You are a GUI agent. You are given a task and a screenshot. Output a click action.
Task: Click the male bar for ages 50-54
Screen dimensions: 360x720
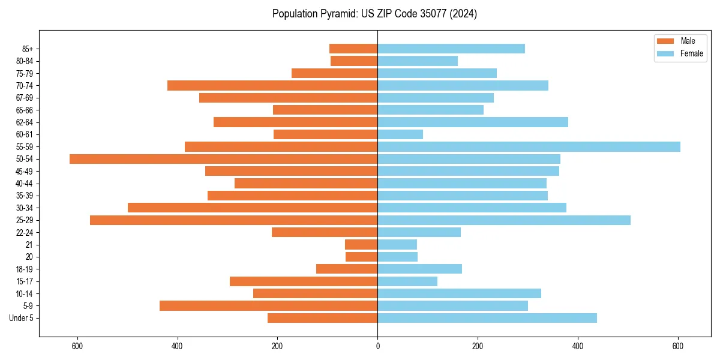tap(223, 159)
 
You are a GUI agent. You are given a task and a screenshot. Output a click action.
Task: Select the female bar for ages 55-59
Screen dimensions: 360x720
tap(529, 146)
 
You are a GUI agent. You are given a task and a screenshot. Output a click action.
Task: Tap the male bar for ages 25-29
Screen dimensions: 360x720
tap(233, 220)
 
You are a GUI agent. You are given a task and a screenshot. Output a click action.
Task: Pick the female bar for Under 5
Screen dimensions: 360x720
tap(487, 318)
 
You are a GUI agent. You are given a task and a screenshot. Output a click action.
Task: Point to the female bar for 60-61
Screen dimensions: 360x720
tap(400, 134)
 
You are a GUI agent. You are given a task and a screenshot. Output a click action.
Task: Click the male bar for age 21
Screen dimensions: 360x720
tap(361, 245)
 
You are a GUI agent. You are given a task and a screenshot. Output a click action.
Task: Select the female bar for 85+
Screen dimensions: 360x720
tap(451, 49)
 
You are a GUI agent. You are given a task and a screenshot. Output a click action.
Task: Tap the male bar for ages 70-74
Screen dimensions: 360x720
tap(272, 85)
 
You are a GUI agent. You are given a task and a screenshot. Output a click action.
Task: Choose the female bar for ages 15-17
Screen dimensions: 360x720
tap(407, 281)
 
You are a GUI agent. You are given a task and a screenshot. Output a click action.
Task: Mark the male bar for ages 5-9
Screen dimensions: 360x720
tap(268, 306)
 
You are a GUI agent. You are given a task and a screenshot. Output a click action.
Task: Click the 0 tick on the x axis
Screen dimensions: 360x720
tap(377, 346)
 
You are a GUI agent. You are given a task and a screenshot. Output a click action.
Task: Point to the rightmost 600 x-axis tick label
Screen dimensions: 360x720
tap(677, 346)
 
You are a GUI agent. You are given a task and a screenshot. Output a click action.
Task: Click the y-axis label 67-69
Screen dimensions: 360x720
tap(25, 98)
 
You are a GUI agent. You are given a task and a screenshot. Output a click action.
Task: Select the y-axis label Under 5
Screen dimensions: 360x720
tap(21, 318)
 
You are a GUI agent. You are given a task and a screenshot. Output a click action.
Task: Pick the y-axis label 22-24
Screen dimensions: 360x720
tap(25, 233)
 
